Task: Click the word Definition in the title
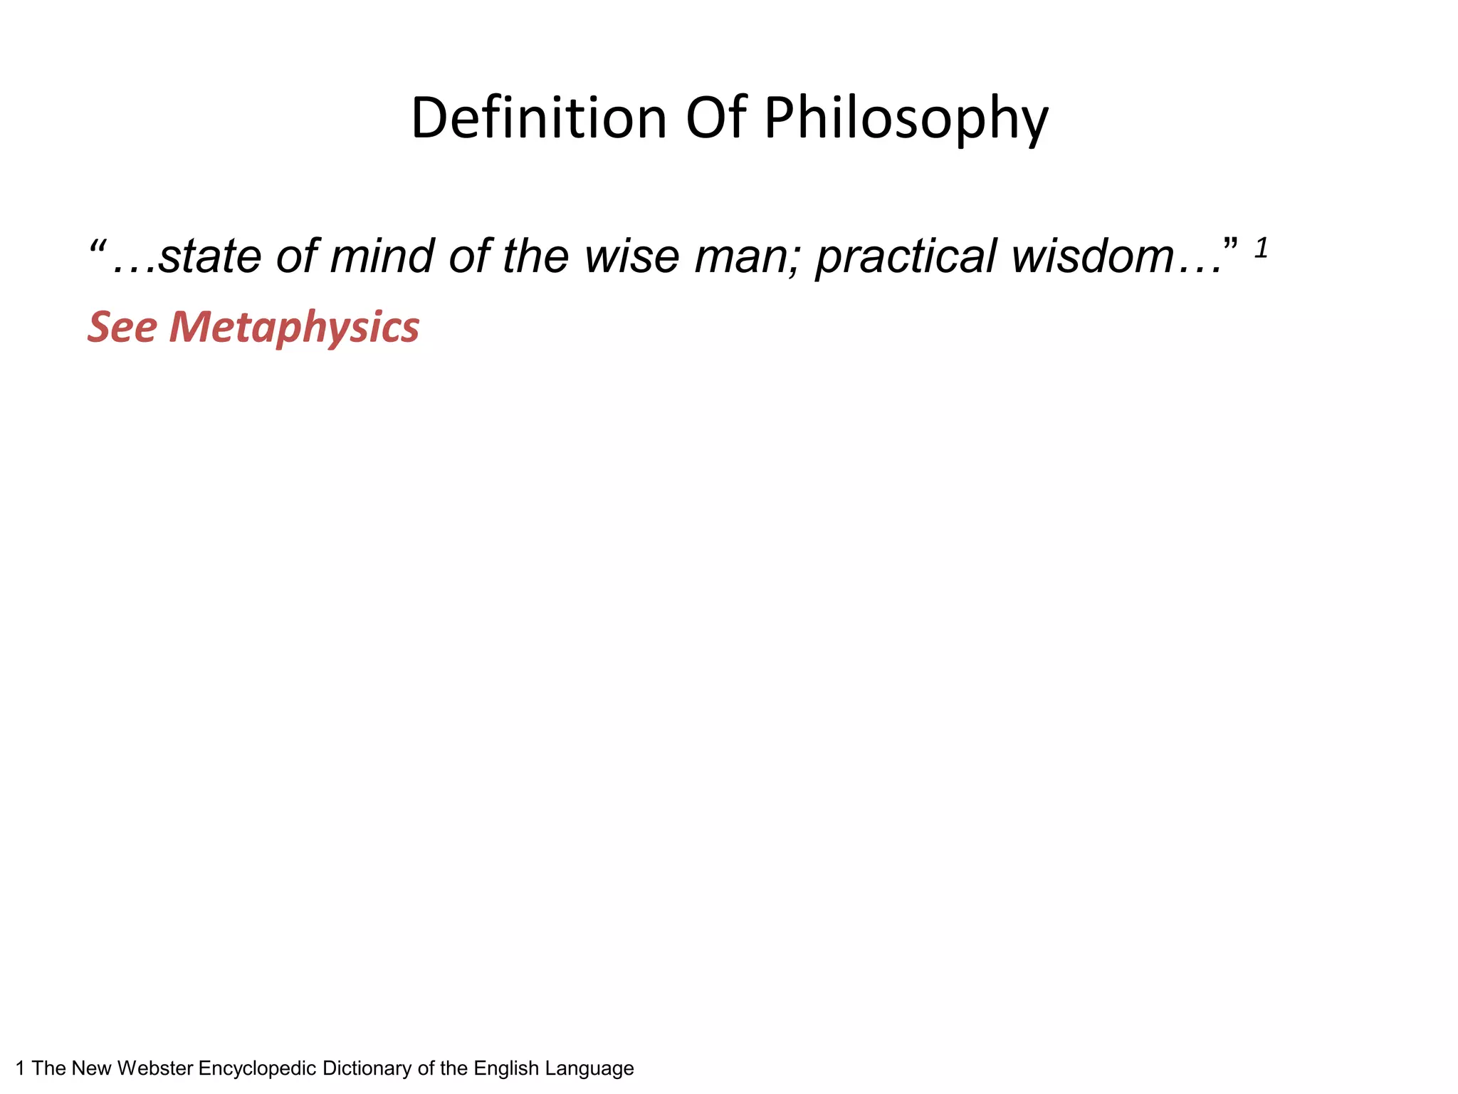pos(539,118)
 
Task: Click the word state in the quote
pos(210,256)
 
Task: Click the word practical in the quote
pos(906,256)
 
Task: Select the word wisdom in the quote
pos(1092,256)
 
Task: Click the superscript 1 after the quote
pos(1261,249)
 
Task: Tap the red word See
pos(122,327)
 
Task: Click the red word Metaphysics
pos(294,328)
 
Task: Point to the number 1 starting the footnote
pos(20,1068)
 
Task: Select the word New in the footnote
pos(91,1068)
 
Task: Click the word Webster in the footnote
pos(155,1068)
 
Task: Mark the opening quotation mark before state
pos(97,247)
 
